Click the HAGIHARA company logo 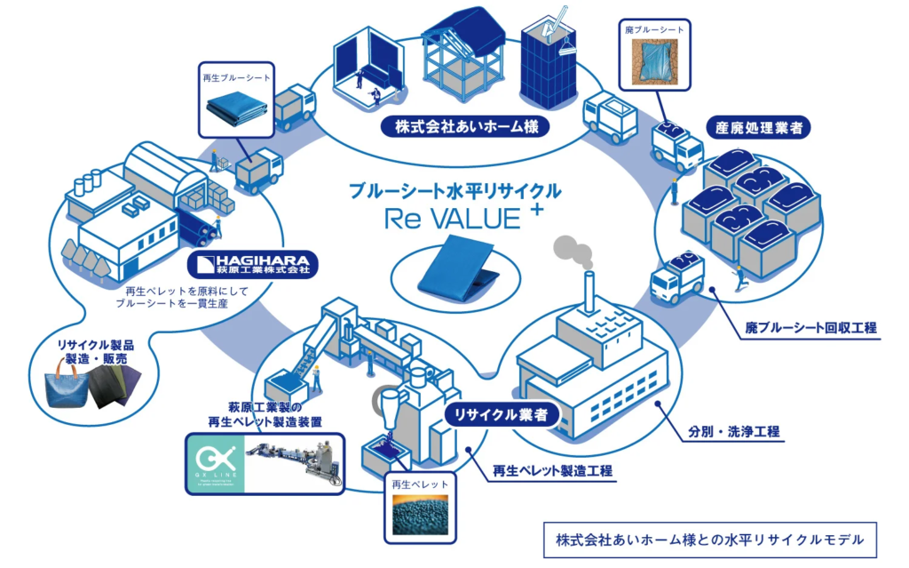[x=254, y=264]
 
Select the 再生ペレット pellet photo [x=422, y=513]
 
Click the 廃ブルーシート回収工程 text [x=810, y=329]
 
